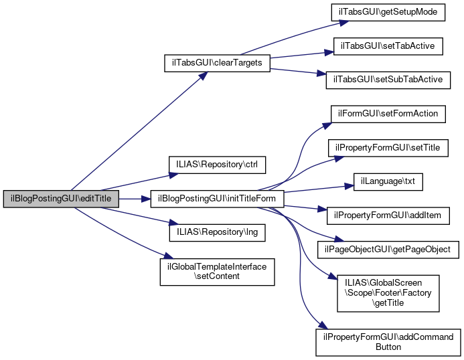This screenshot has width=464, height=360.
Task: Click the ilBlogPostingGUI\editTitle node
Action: [62, 199]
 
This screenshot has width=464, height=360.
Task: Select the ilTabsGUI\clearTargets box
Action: [218, 63]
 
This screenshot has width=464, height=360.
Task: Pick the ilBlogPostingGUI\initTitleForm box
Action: [218, 199]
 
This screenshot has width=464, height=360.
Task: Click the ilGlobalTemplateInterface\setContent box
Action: [217, 271]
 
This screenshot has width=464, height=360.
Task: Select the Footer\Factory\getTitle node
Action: [388, 293]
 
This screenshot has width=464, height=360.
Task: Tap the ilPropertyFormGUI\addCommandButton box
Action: [388, 342]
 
